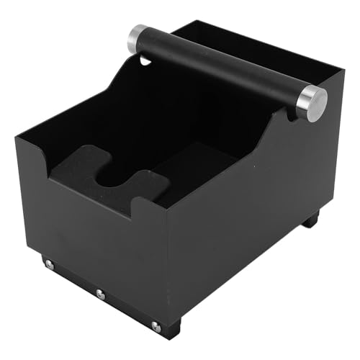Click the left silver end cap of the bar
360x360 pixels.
(138, 39)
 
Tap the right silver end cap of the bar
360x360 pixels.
(311, 103)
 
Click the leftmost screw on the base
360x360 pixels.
(49, 265)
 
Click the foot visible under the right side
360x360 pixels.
(310, 219)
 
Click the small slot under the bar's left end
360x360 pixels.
(145, 61)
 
